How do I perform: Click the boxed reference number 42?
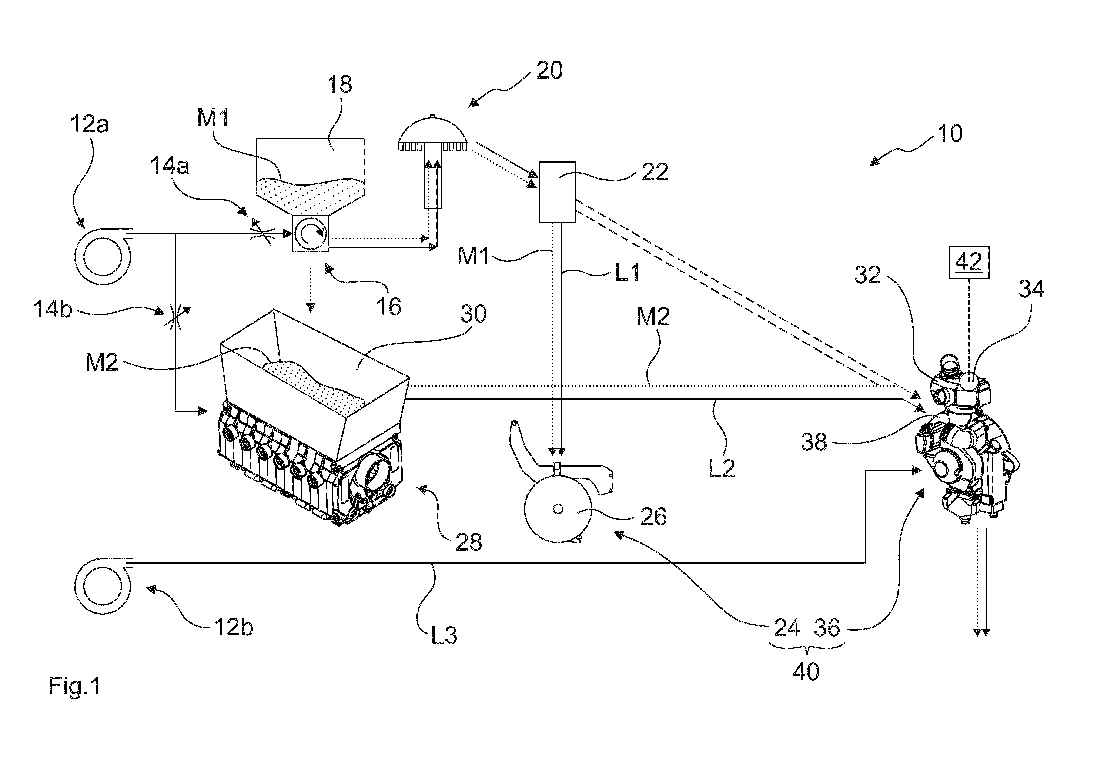click(968, 262)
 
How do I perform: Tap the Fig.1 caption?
click(74, 686)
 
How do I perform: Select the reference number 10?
click(950, 134)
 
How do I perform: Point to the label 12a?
click(89, 124)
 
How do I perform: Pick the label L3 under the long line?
click(444, 635)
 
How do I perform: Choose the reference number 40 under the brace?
click(806, 672)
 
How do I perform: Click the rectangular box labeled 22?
click(556, 192)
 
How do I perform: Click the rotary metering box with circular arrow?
click(311, 233)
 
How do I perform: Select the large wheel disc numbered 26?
click(558, 509)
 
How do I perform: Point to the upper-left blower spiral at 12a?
click(103, 257)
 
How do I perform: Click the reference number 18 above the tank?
click(339, 84)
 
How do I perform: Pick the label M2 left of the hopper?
click(101, 363)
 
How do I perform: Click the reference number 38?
click(814, 442)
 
